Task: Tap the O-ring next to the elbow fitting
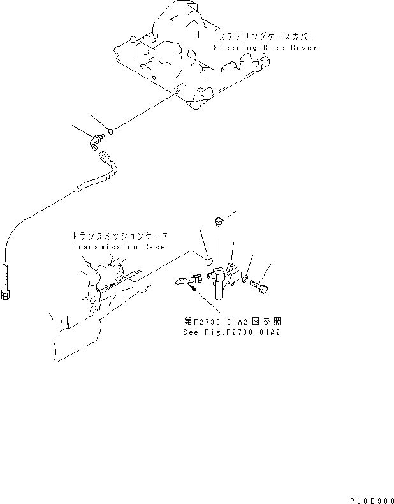(x=110, y=132)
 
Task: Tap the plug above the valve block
(x=219, y=221)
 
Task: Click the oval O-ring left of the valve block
(x=208, y=260)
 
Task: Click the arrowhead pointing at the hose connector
(x=189, y=287)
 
